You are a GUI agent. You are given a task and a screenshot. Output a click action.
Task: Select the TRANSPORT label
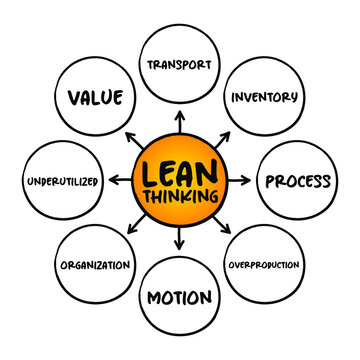tap(181, 65)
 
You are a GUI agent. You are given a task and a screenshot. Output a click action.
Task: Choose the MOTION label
tap(181, 297)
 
